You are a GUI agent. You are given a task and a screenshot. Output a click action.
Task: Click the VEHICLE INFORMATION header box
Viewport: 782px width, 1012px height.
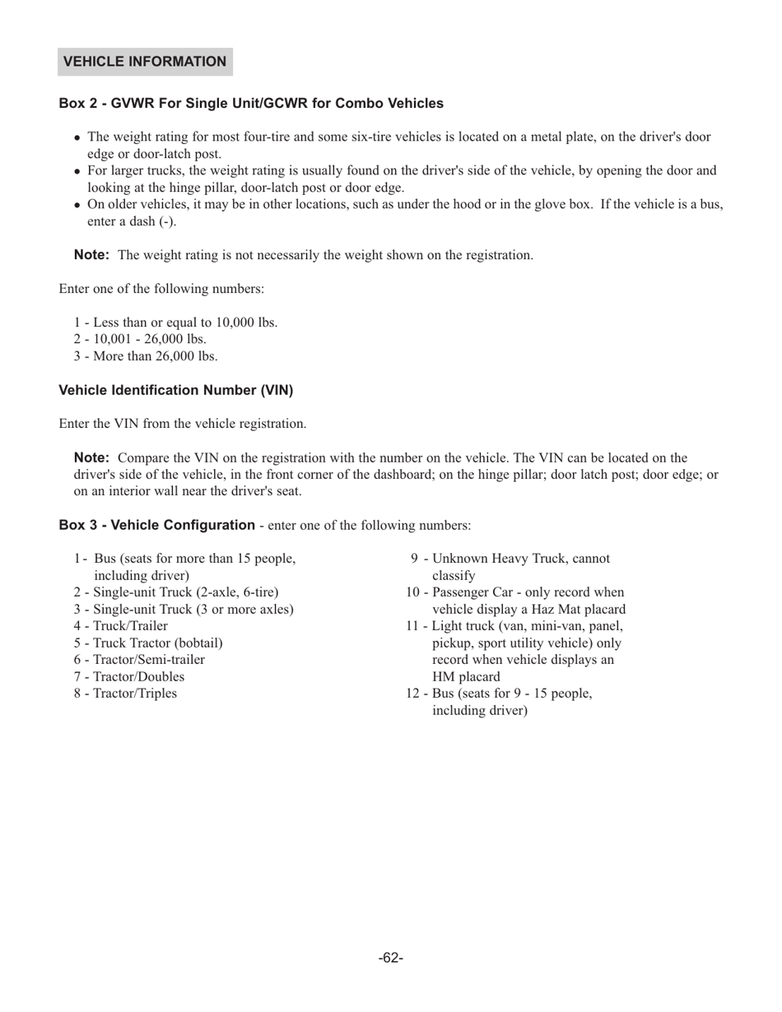click(x=145, y=62)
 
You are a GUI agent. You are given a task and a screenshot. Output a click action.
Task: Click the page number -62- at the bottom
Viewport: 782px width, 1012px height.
click(x=391, y=958)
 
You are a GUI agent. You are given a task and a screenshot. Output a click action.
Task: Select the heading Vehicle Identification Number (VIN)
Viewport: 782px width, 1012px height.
click(x=175, y=390)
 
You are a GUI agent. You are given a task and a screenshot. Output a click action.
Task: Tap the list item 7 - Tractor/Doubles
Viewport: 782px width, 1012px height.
click(x=128, y=676)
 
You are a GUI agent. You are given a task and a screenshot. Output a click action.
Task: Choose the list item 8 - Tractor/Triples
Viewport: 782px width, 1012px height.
click(x=125, y=694)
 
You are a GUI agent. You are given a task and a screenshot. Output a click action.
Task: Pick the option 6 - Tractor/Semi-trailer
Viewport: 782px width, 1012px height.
click(x=139, y=660)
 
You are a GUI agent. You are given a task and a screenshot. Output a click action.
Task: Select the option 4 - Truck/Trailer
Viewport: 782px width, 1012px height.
click(x=120, y=626)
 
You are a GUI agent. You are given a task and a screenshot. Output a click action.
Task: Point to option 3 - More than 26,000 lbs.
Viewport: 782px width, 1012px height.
click(x=146, y=356)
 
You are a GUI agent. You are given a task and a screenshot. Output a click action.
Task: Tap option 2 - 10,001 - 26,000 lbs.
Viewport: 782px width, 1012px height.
click(x=140, y=339)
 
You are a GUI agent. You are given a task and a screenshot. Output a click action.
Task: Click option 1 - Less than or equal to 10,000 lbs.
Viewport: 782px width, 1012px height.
click(x=175, y=323)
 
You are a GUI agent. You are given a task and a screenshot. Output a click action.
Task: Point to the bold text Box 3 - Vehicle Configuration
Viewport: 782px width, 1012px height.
click(x=156, y=525)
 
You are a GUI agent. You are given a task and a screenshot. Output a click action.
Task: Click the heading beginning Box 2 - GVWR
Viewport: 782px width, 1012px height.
click(x=251, y=104)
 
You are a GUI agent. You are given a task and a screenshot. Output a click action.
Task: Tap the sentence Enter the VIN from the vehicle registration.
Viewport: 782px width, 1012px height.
click(x=183, y=424)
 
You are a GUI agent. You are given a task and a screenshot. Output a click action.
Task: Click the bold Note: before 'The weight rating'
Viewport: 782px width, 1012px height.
click(x=91, y=254)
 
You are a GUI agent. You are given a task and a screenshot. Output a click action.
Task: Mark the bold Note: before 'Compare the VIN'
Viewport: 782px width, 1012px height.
click(x=91, y=457)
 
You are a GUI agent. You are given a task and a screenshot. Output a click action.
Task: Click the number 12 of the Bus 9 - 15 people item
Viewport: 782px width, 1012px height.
click(x=413, y=694)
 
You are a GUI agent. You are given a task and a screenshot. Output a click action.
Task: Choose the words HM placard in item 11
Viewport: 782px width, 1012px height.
click(x=466, y=677)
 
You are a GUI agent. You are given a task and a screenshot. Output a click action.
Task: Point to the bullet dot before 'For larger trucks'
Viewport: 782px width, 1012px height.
click(x=77, y=172)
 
